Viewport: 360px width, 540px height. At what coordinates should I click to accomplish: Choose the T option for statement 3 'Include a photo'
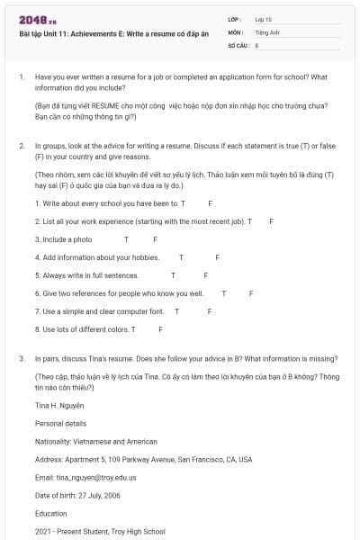click(x=126, y=239)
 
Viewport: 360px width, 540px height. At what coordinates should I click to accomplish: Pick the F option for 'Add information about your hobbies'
click(x=217, y=257)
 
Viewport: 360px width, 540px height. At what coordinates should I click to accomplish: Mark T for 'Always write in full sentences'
click(x=173, y=275)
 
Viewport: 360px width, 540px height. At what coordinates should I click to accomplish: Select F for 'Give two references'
click(x=251, y=293)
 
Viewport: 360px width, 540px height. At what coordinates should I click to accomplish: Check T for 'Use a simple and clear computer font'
click(x=176, y=311)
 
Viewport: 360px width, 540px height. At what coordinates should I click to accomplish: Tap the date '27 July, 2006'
click(x=101, y=495)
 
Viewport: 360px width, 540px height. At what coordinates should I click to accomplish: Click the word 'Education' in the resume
click(x=51, y=513)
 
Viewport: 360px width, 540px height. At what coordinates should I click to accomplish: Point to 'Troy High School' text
click(x=139, y=532)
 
